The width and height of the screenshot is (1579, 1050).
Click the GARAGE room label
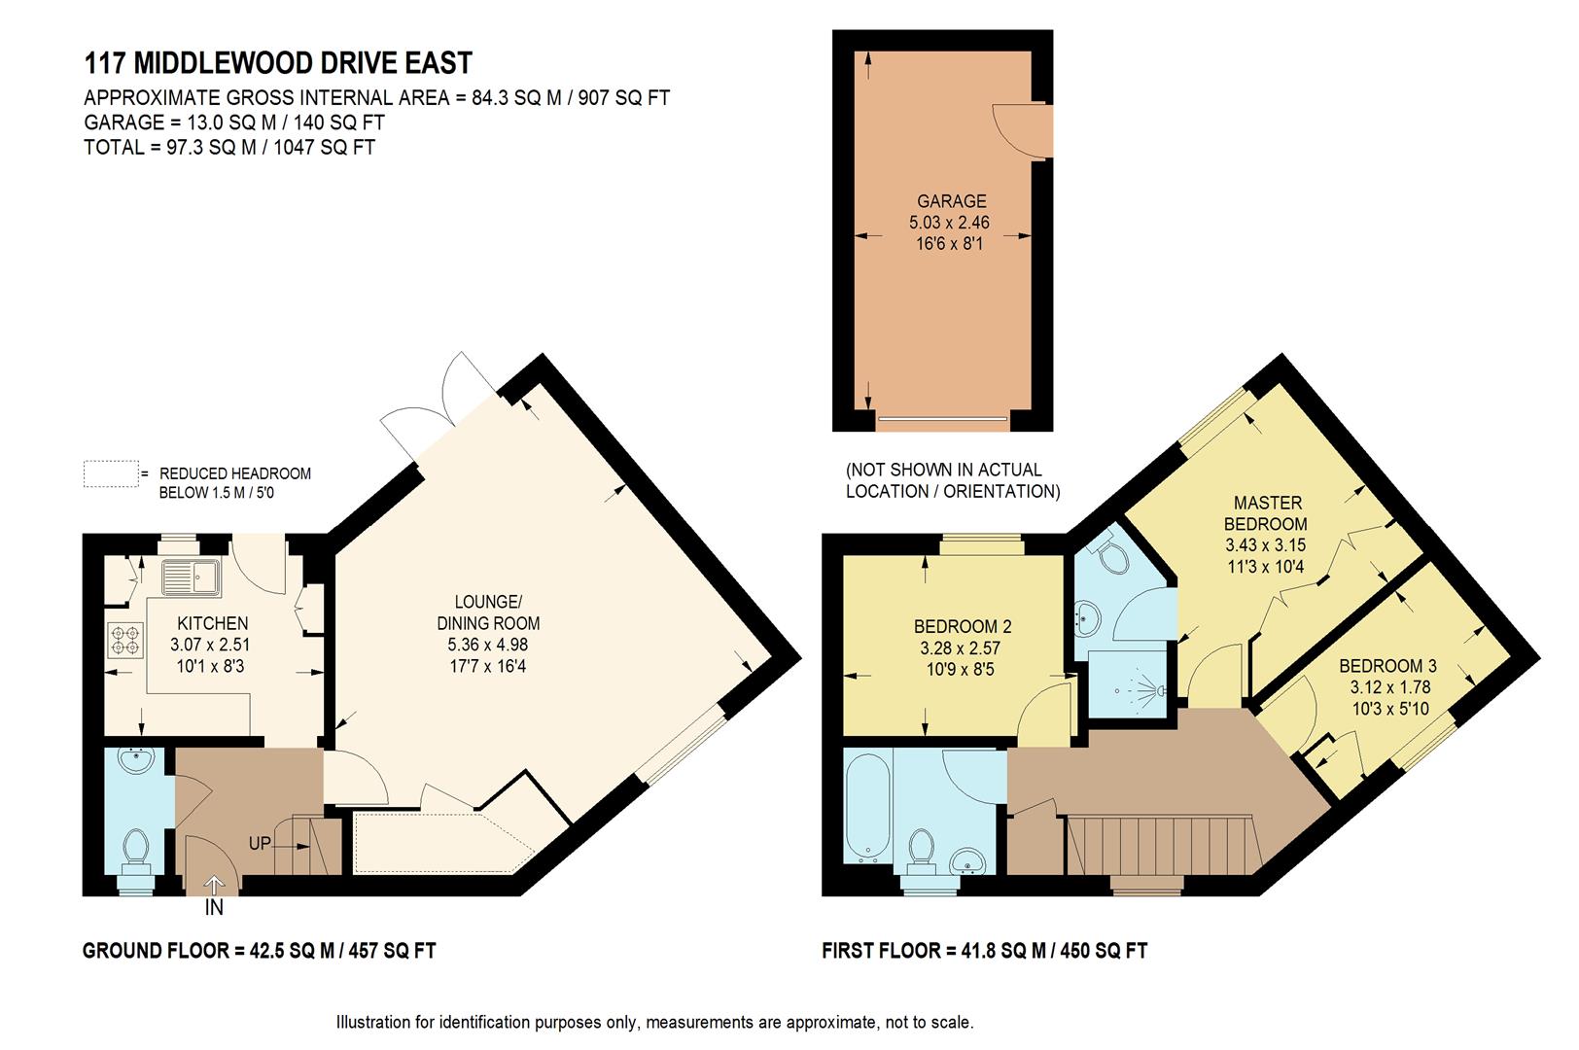click(951, 201)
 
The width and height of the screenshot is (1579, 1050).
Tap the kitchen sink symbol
click(193, 578)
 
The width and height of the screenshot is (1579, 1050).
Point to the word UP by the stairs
click(260, 844)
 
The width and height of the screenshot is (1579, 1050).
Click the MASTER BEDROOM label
click(1267, 513)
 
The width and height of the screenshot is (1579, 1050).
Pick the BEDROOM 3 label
click(1387, 666)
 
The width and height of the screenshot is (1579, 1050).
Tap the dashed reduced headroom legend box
click(111, 473)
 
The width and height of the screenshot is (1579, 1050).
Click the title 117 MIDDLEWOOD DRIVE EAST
click(278, 63)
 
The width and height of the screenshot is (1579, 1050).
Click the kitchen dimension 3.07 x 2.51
click(212, 645)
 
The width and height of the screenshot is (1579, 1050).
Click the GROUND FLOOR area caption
click(259, 951)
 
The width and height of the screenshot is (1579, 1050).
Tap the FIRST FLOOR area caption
click(984, 951)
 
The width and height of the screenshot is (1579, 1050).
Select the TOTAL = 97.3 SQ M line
click(229, 148)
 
